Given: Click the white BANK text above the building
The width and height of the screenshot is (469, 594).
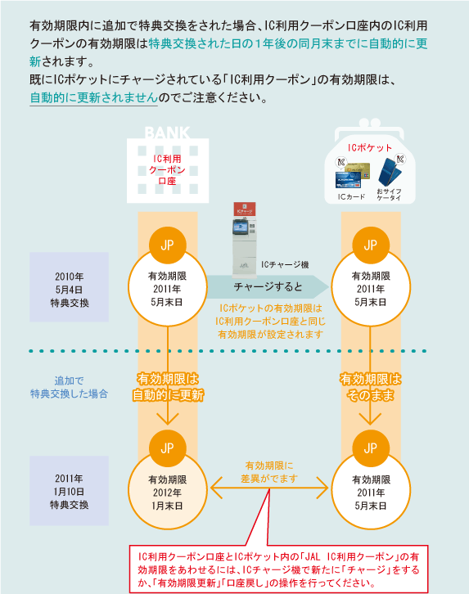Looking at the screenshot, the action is click(167, 133).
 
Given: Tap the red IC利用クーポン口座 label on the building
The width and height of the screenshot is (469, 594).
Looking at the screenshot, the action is click(167, 169).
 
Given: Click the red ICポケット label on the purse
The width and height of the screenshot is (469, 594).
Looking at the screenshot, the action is click(370, 148).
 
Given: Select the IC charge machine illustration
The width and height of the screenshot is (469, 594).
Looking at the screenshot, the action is click(245, 239).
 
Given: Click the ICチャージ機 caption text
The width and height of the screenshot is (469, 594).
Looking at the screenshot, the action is click(285, 265).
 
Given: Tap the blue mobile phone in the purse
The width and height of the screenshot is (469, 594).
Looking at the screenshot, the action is click(390, 171).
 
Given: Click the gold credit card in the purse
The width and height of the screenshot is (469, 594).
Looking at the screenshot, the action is click(358, 170).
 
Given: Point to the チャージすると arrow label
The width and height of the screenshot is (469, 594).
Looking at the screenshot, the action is click(268, 286).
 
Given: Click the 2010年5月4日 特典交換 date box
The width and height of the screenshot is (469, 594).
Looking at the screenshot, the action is click(70, 286).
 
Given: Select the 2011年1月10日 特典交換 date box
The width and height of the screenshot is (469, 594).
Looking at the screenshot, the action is click(70, 491).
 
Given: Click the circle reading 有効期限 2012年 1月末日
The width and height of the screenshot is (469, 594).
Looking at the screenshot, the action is click(168, 491).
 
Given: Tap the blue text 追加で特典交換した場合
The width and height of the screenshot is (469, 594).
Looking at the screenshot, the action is click(69, 387).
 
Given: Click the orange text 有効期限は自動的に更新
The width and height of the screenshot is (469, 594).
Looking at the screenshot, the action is click(168, 387).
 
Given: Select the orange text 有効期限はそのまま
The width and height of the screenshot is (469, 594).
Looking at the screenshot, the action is click(370, 387).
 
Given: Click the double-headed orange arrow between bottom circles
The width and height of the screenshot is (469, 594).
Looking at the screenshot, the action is click(269, 488).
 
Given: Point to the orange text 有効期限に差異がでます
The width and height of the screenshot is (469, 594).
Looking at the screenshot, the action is click(269, 472).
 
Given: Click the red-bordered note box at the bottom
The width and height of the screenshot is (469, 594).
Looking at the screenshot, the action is click(279, 569).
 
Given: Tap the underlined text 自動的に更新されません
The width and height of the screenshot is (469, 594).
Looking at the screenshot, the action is click(94, 97).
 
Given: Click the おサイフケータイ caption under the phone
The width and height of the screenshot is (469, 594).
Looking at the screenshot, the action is click(389, 194).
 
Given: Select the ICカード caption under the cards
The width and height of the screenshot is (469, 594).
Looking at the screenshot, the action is click(352, 196).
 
